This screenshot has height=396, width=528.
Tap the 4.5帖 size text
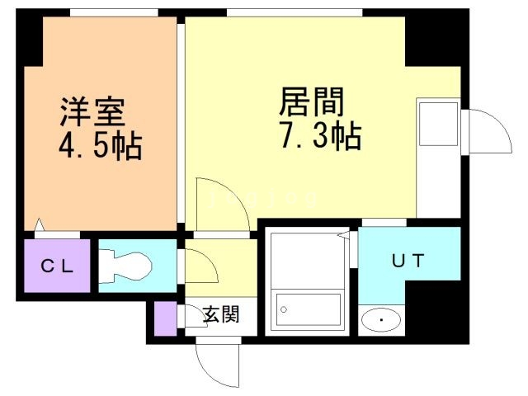coord(98,148)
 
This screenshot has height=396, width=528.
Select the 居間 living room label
coord(311,103)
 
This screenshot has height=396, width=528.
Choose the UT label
coord(408,262)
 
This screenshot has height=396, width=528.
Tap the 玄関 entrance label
coord(220,313)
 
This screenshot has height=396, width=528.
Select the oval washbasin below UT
coord(380,318)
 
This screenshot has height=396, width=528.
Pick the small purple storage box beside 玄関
coord(165,318)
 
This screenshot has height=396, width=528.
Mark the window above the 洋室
coord(114,12)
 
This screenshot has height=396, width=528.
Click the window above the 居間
coord(295,12)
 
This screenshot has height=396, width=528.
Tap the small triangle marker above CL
coord(40,224)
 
